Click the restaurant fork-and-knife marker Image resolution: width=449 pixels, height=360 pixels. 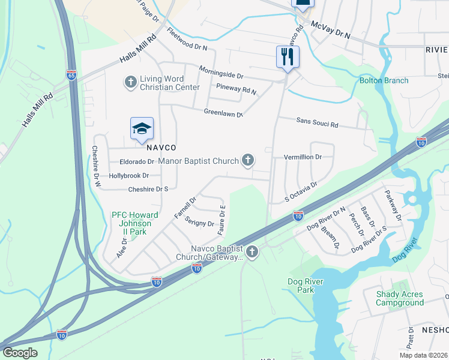point(287,57)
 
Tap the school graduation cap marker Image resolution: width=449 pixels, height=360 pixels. point(142,128)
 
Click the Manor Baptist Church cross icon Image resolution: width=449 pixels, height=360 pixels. point(247,160)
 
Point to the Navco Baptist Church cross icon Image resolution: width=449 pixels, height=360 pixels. point(252,253)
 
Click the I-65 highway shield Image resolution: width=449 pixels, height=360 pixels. point(71,75)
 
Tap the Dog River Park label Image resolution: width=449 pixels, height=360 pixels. point(306,286)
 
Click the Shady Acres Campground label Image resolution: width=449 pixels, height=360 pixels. point(400,298)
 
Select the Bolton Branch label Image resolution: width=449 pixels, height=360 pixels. point(384,80)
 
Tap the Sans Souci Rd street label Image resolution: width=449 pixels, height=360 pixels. point(318,123)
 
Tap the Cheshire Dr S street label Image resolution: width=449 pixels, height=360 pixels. point(148,189)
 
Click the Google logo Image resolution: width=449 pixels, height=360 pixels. point(20,352)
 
